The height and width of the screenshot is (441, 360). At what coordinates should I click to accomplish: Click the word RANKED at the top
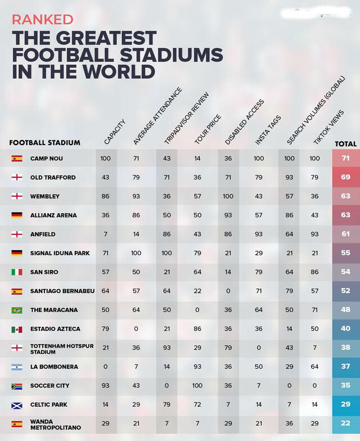pos(43,19)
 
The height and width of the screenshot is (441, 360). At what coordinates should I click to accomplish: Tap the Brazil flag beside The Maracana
pos(17,310)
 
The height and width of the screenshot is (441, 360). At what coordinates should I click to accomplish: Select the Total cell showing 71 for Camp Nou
pos(345,159)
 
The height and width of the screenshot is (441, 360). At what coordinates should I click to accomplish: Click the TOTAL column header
pos(345,144)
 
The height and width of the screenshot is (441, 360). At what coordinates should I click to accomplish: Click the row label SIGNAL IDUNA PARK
pos(60,253)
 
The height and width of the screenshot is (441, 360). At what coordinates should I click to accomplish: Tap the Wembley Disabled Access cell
pos(228,196)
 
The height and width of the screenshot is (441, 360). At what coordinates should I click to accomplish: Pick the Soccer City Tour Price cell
pos(197,385)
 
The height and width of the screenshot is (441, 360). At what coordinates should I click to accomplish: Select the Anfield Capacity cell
pos(106,234)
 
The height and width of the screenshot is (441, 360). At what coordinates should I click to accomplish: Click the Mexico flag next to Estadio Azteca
pos(17,328)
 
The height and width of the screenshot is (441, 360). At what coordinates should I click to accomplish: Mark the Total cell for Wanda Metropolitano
pos(345,424)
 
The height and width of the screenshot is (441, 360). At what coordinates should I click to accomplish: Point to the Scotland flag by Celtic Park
pos(17,404)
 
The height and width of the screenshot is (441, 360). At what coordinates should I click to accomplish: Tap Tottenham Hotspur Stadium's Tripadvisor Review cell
pos(167,348)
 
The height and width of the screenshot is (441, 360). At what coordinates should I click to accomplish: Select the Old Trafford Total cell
pos(345,177)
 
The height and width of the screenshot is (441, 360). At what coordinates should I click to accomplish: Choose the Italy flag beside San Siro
pos(17,272)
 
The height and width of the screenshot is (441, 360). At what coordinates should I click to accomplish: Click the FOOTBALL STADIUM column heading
pos(45,143)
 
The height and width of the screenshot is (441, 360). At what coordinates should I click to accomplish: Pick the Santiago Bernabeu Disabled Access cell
pos(228,291)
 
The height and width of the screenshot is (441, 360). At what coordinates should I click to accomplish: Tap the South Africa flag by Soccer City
pos(17,386)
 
